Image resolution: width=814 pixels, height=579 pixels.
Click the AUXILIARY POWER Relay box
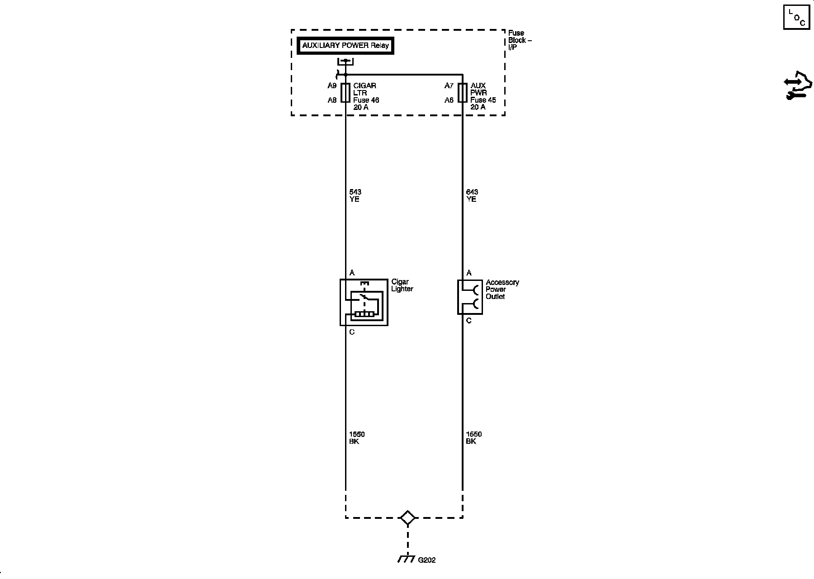(345, 46)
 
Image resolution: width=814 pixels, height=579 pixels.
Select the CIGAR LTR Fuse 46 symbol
(345, 93)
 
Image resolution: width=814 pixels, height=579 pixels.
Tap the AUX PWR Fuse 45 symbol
(462, 93)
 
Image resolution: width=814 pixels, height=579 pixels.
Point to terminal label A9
(332, 85)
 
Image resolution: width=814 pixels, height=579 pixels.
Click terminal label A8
(332, 100)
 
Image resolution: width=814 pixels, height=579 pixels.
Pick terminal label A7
(449, 85)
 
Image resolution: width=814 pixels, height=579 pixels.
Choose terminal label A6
(449, 100)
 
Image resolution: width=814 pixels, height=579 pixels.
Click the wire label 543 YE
(355, 195)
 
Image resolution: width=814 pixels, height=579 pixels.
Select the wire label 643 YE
(472, 195)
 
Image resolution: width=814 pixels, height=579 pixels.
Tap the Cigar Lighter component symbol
(364, 302)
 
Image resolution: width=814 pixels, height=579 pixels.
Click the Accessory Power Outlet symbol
(470, 297)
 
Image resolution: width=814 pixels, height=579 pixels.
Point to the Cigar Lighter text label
(402, 285)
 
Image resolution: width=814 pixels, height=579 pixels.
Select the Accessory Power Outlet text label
(502, 289)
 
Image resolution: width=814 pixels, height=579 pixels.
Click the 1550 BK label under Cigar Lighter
(356, 438)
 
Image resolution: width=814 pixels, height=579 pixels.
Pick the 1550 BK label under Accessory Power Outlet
(473, 438)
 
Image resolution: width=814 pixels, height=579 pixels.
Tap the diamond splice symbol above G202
(408, 518)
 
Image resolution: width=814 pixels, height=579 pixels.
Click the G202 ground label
(426, 560)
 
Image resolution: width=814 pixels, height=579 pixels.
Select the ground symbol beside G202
(407, 559)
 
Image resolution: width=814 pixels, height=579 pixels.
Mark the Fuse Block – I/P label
(520, 40)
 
